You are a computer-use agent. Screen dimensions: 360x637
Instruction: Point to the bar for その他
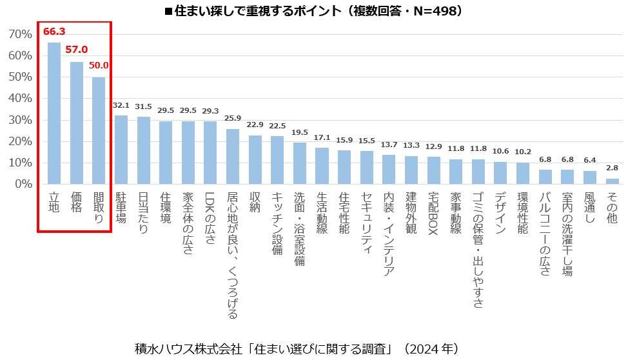tap(612, 181)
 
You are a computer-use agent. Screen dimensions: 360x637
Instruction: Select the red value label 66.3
tap(54, 31)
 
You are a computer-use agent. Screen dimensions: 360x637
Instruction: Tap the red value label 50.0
tap(99, 65)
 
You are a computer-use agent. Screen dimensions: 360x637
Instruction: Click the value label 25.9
tap(233, 118)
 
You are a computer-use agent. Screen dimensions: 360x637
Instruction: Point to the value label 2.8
tap(612, 168)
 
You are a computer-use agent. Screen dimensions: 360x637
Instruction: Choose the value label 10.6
tap(500, 151)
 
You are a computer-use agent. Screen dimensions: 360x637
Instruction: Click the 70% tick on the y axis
tap(21, 34)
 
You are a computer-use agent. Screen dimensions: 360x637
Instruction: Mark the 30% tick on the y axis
tap(21, 119)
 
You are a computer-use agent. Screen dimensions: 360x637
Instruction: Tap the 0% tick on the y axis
tap(24, 184)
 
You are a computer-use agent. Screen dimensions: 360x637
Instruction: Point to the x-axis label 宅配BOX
tap(433, 214)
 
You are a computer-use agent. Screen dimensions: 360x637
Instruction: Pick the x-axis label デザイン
tap(500, 214)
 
